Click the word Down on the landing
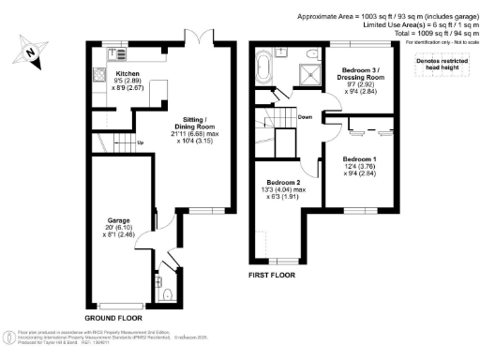[305, 117]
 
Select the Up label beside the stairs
[141, 142]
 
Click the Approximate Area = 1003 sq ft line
[387, 17]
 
